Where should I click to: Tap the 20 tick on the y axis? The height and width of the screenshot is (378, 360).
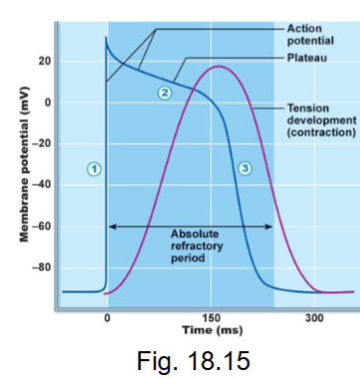pyautogui.click(x=45, y=62)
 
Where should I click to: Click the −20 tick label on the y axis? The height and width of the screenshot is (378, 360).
pyautogui.click(x=42, y=144)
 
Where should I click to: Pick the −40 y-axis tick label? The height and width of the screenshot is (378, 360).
pyautogui.click(x=42, y=185)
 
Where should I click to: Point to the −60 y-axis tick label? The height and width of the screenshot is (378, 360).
pyautogui.click(x=42, y=227)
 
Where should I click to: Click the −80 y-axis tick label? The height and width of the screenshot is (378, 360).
pyautogui.click(x=42, y=268)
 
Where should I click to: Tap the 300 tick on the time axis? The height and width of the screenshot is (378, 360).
pyautogui.click(x=314, y=316)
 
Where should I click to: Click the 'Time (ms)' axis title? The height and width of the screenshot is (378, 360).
pyautogui.click(x=211, y=328)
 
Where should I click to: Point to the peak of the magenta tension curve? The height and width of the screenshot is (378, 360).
pyautogui.click(x=216, y=67)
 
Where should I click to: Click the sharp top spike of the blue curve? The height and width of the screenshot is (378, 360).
pyautogui.click(x=106, y=38)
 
